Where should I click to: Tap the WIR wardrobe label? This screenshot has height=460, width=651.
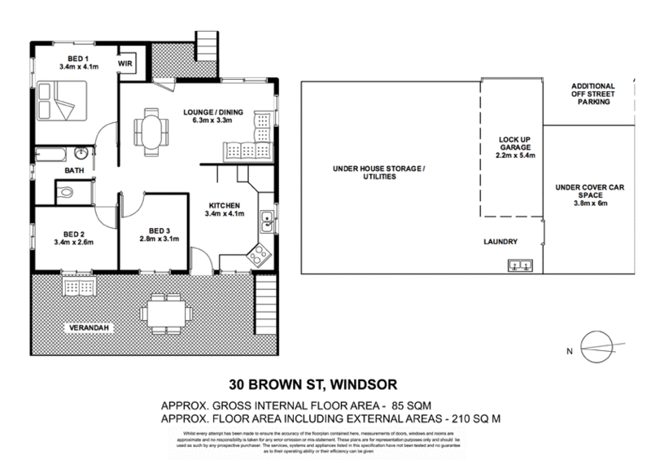pyautogui.click(x=125, y=62)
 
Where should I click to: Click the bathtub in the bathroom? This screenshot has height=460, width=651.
pyautogui.click(x=51, y=154)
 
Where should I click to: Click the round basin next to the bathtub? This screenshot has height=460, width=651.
pyautogui.click(x=81, y=154)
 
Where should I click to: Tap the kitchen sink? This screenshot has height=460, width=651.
pyautogui.click(x=266, y=218)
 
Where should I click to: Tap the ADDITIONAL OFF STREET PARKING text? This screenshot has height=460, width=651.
pyautogui.click(x=592, y=94)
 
